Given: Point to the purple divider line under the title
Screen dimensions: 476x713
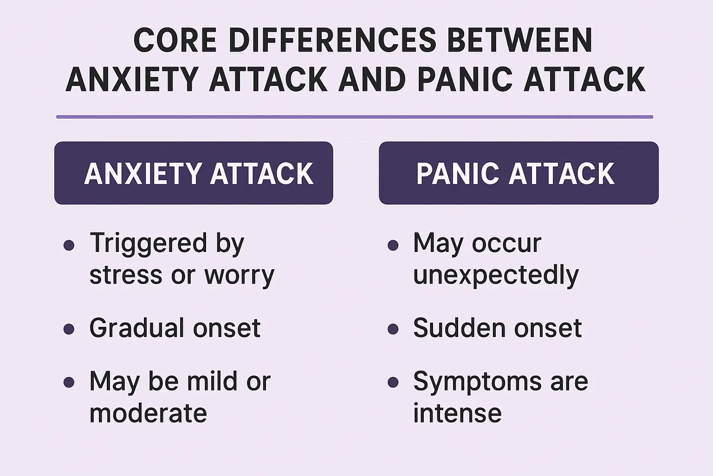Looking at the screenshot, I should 355,117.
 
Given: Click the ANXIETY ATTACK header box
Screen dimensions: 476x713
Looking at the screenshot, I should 194,173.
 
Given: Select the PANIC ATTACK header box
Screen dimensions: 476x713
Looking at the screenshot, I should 519,173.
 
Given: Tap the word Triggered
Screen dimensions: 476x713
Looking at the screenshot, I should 148,244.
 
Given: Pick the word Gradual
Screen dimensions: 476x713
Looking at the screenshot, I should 137,328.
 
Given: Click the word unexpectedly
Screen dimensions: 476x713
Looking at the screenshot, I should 496,275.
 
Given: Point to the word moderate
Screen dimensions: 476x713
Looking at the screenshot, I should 148,413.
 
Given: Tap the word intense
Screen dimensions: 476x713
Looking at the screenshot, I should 457,413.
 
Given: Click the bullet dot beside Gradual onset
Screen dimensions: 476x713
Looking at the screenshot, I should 69,329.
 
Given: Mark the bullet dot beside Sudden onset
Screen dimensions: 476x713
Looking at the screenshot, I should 393,329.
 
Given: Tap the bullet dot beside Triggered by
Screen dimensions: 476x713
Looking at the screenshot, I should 69,245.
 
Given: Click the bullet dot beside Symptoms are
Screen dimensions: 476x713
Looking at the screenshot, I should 393,382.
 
